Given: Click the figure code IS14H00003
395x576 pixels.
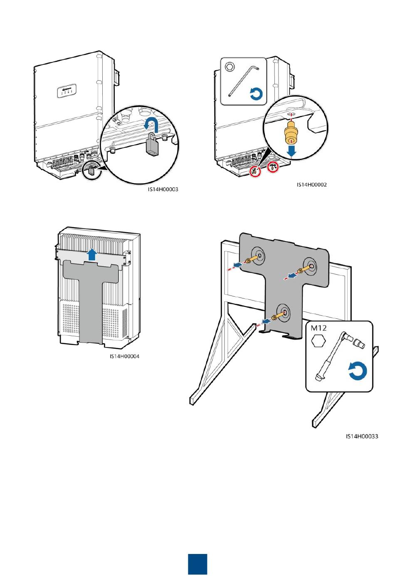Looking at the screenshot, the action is coord(163,189).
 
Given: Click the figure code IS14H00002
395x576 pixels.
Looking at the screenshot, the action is coord(311,185).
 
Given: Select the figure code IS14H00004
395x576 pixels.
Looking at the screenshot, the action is coord(125,356).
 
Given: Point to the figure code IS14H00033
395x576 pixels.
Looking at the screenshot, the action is coord(362,436).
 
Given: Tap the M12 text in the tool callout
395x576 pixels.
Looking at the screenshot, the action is coord(318,328).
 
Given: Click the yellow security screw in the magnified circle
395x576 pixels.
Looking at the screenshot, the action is coord(291,132).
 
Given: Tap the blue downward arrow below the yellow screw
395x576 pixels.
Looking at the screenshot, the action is coord(291,151).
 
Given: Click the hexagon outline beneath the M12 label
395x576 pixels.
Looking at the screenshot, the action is coord(318,341).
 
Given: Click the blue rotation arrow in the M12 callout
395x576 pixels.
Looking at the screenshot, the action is coord(358,371).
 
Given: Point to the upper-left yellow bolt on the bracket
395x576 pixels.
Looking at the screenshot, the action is coord(252,259).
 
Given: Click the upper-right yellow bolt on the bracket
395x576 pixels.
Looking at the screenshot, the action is coord(305,269).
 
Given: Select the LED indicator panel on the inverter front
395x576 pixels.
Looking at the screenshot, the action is coord(67,91).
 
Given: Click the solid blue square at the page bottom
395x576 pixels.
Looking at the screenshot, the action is coord(197,564).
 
